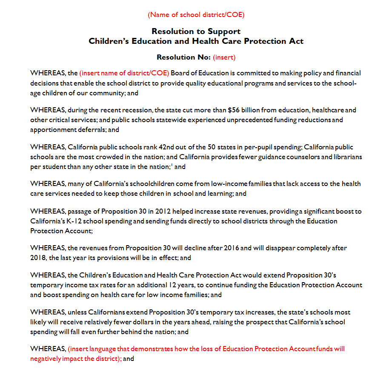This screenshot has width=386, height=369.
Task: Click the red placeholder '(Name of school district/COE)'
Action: coord(196,15)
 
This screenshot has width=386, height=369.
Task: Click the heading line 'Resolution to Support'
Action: coord(196,31)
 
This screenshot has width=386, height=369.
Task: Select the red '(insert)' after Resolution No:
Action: coord(224,57)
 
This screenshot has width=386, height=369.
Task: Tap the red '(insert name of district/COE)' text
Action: coord(124,73)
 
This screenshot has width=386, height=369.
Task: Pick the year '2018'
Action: coord(38,258)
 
